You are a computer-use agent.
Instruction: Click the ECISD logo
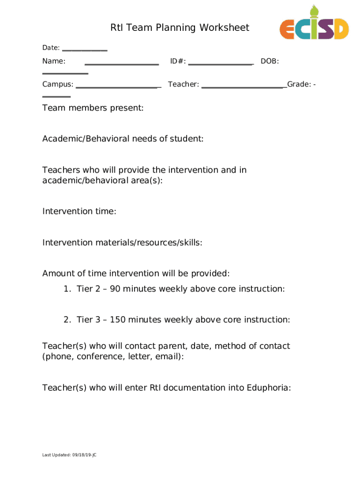point(314,27)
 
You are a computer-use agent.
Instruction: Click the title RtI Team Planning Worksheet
point(180,28)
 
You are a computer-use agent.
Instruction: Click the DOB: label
point(270,61)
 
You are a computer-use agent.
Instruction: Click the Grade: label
point(299,84)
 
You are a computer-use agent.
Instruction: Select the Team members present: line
point(93,108)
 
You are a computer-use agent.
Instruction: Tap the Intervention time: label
point(79,211)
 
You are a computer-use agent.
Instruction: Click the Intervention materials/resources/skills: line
point(122,242)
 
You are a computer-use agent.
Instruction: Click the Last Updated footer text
point(69,455)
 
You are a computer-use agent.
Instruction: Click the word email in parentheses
point(167,357)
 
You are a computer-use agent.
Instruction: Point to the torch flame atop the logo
point(313,9)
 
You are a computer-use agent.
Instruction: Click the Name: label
point(54,61)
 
